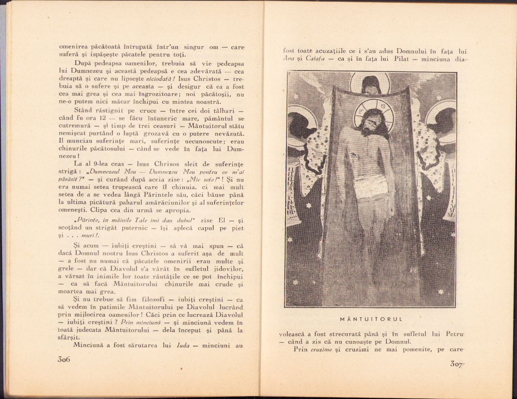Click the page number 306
64,359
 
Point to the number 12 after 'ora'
103,118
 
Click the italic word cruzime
322,349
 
